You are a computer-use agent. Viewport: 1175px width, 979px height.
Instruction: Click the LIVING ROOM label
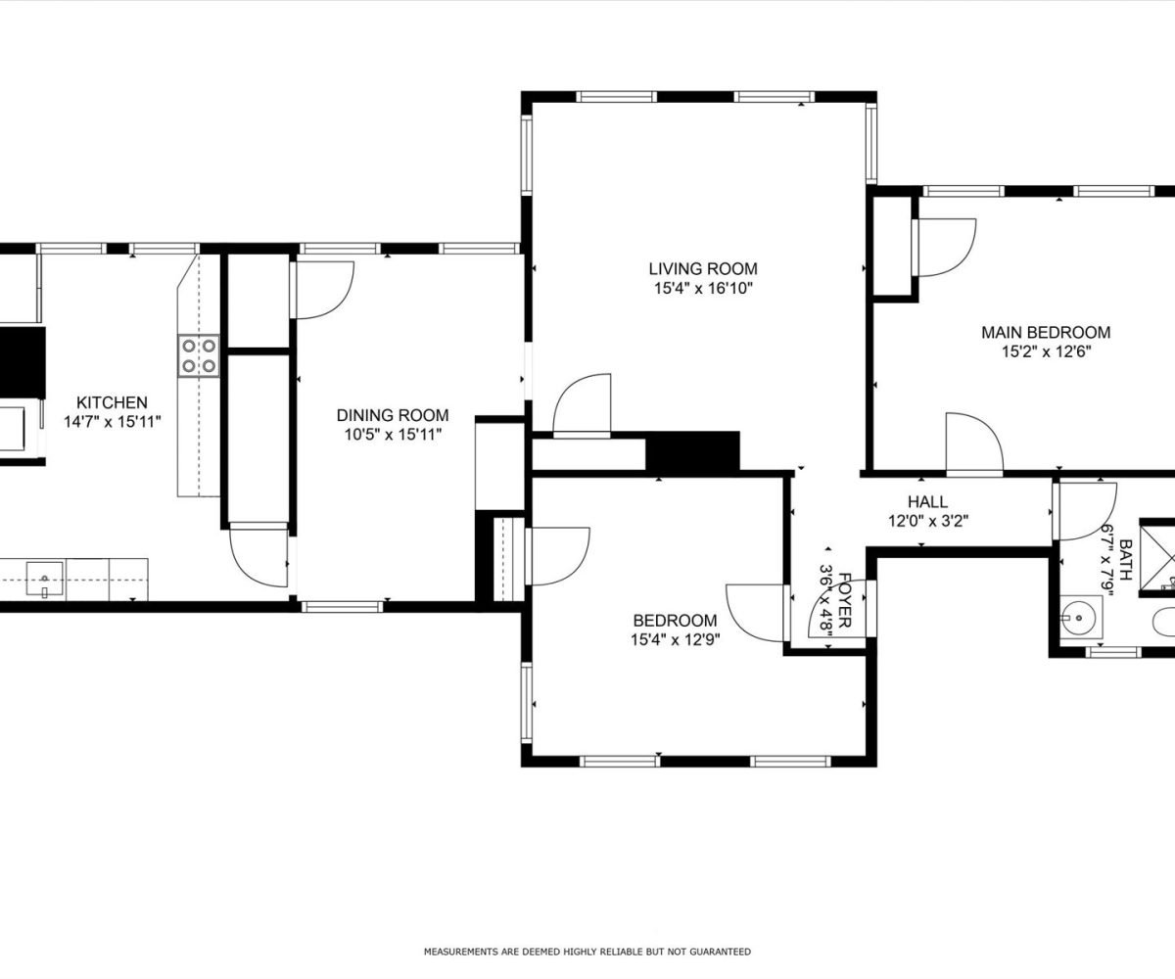tap(703, 268)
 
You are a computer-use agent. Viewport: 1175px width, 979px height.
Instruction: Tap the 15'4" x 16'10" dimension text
tap(703, 289)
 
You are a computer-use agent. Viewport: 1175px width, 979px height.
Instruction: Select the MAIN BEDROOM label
tap(1046, 332)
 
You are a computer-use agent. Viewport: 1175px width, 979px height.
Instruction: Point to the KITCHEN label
tap(112, 402)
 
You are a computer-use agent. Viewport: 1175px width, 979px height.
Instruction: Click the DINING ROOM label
tap(393, 415)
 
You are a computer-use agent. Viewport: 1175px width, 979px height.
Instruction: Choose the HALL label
tap(927, 501)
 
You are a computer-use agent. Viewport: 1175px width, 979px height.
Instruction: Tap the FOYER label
tap(845, 600)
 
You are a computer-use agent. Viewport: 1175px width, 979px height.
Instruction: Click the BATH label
tap(1126, 560)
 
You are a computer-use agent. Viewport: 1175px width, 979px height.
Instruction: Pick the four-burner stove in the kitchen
tap(199, 355)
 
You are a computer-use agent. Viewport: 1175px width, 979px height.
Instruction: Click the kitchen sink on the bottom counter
tap(45, 579)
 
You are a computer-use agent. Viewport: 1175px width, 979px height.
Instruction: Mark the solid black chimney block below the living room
tap(692, 450)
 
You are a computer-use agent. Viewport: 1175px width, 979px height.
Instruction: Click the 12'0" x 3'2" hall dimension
tap(928, 521)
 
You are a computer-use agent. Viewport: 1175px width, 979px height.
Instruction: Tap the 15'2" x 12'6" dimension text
tap(1046, 351)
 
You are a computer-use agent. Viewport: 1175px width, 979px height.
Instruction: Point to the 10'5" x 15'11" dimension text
tap(393, 435)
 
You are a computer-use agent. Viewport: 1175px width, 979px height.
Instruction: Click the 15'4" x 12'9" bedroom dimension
tap(676, 639)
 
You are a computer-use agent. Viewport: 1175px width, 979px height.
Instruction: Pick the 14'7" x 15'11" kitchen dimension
tap(113, 421)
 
